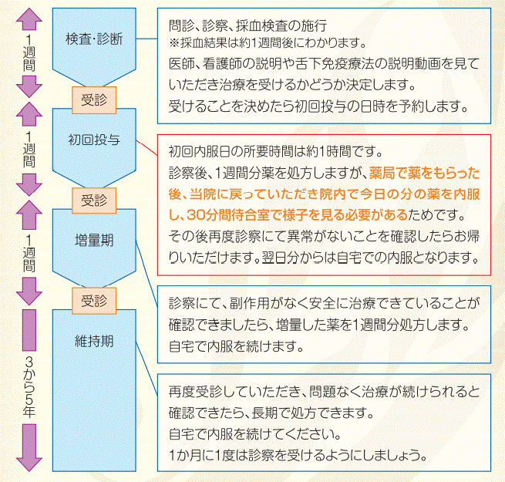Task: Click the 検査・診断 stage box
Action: tap(93, 39)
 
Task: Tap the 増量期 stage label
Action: tap(93, 241)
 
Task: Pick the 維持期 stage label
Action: tap(93, 340)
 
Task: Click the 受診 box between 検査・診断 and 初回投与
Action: tap(93, 98)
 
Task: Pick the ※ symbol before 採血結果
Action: tap(173, 42)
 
